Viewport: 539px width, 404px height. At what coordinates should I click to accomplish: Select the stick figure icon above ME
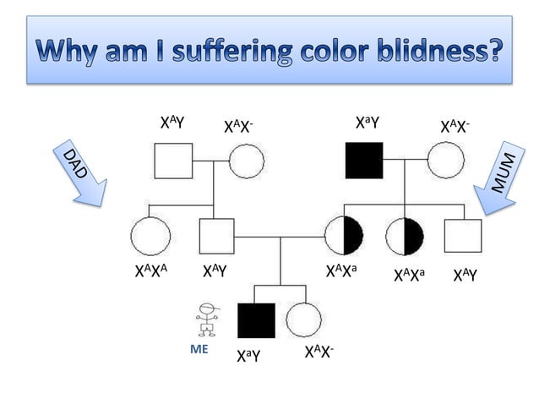(x=205, y=319)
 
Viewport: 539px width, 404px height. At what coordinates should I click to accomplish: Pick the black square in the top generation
(x=364, y=160)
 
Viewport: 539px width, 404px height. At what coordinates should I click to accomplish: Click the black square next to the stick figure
(x=256, y=320)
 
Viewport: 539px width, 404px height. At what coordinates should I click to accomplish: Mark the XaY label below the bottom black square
(x=248, y=358)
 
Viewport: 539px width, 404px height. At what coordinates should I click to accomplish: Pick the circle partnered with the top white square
(x=246, y=159)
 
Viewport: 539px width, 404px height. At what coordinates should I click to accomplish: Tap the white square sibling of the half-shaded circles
(x=463, y=236)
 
